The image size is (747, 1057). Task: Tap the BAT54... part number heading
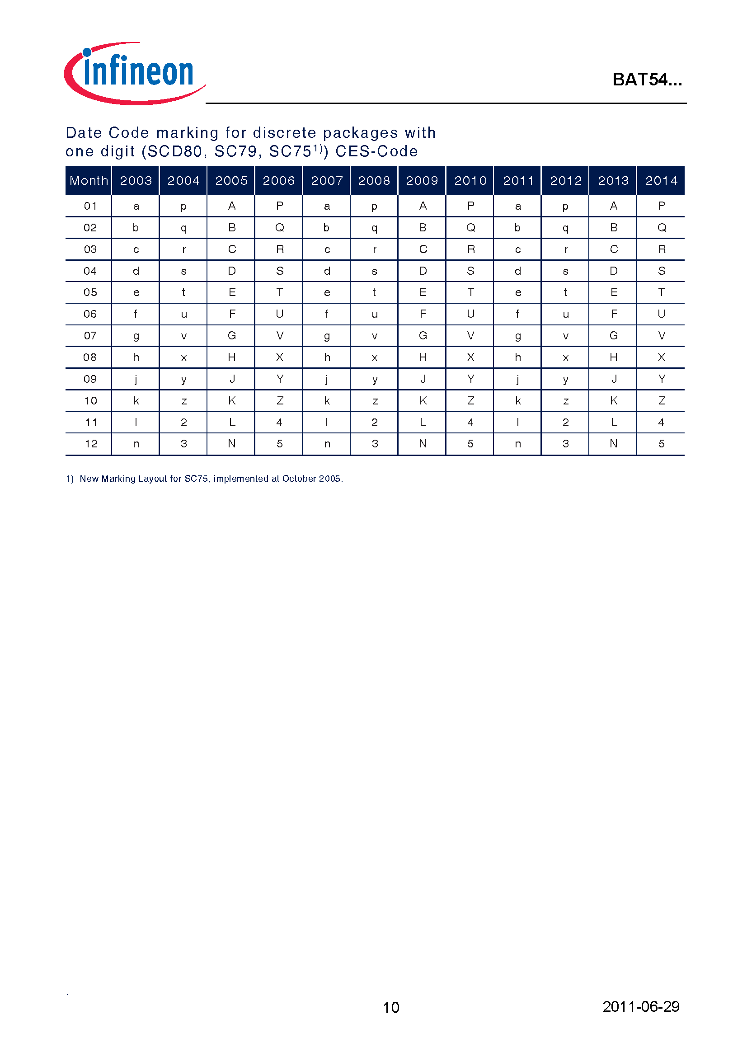click(x=647, y=80)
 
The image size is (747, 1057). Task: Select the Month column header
click(x=89, y=180)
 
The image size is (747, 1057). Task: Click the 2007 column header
click(x=327, y=180)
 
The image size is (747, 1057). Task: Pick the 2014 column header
click(x=661, y=180)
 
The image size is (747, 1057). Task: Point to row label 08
click(x=90, y=357)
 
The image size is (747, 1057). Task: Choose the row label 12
click(x=91, y=444)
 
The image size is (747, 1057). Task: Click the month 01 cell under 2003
click(x=136, y=206)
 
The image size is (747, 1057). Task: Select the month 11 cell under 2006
click(x=279, y=422)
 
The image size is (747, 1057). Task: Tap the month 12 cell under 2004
click(x=183, y=444)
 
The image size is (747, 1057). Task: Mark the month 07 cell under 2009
click(x=423, y=336)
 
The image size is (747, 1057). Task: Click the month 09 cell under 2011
click(x=518, y=379)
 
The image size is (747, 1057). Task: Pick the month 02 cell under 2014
click(x=662, y=228)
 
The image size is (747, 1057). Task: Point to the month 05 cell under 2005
click(x=232, y=292)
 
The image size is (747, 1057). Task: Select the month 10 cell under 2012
click(x=566, y=401)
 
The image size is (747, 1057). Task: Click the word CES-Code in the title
click(x=376, y=151)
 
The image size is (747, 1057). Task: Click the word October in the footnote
click(x=299, y=479)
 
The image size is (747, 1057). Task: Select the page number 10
click(x=391, y=1007)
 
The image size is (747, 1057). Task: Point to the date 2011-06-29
click(x=641, y=1006)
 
